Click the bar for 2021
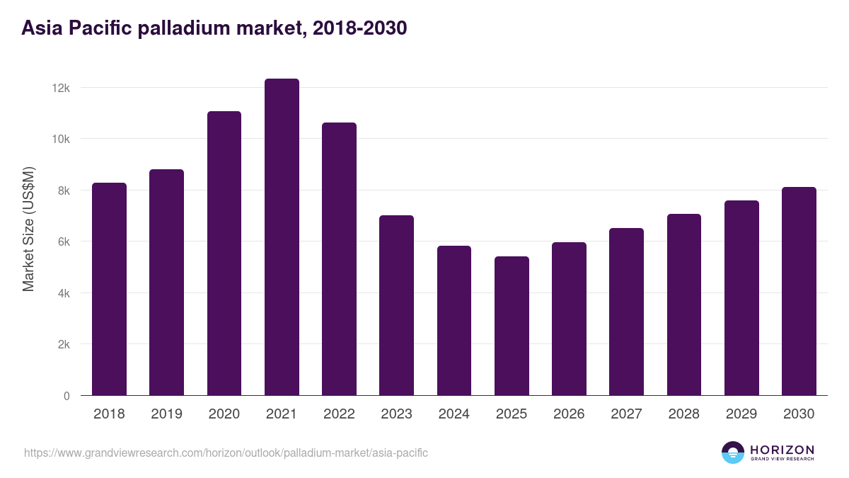(282, 237)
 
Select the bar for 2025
(512, 326)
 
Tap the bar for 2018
(109, 289)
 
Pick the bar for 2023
(396, 305)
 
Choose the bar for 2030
(799, 291)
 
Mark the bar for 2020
(224, 254)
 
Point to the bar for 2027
(626, 312)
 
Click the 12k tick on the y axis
(62, 88)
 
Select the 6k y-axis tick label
(63, 241)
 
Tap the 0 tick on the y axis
(67, 396)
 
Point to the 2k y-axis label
(63, 345)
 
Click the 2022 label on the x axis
(339, 414)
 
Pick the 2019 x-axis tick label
(166, 414)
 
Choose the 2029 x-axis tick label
(741, 414)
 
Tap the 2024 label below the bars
(454, 414)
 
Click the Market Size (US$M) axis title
(28, 229)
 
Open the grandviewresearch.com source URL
(226, 453)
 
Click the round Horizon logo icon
(732, 453)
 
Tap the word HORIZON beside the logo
(782, 449)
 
